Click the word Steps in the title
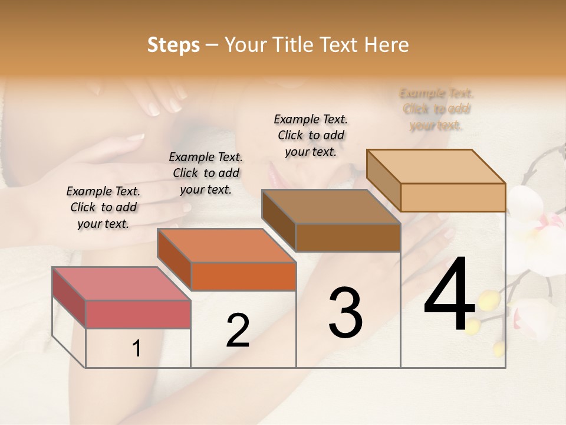pyautogui.click(x=173, y=45)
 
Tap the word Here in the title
pyautogui.click(x=387, y=45)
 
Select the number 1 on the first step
pyautogui.click(x=137, y=349)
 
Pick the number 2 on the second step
pyautogui.click(x=238, y=331)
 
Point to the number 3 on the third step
pyautogui.click(x=345, y=313)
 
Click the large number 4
pyautogui.click(x=449, y=295)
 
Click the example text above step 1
pyautogui.click(x=103, y=207)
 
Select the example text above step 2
pyautogui.click(x=206, y=173)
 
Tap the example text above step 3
pyautogui.click(x=311, y=135)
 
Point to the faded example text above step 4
pyautogui.click(x=436, y=109)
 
